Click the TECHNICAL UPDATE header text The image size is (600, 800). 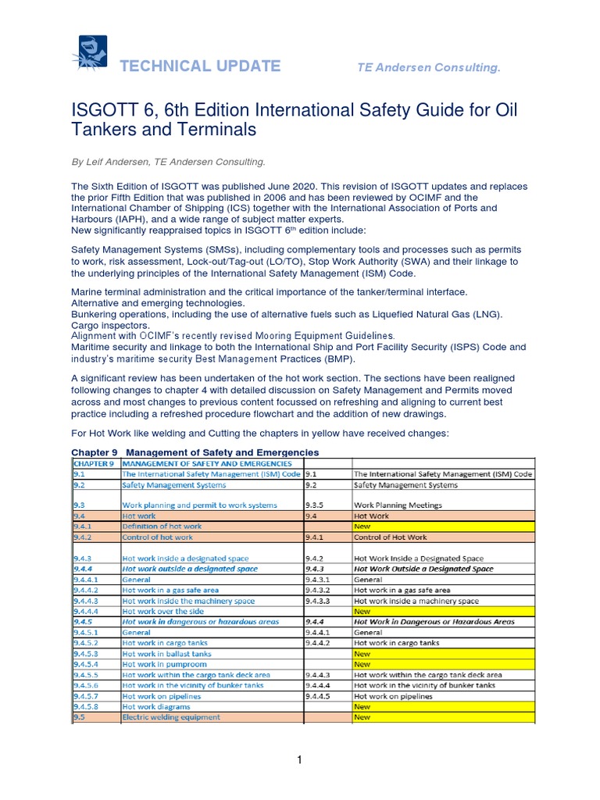[199, 66]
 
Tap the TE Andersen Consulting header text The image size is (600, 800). [428, 68]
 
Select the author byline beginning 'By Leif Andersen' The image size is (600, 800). [169, 162]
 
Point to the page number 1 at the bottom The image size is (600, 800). [299, 760]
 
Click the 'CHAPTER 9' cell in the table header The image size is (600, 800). [95, 462]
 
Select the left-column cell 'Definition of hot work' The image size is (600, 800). [162, 527]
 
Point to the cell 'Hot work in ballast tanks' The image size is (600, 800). [166, 653]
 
